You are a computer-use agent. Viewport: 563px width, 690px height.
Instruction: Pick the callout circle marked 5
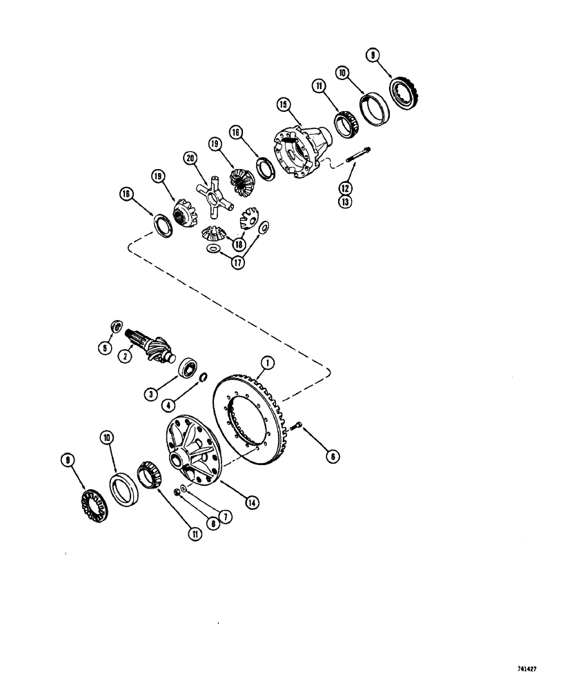click(106, 348)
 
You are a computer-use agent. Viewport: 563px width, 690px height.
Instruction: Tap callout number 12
click(346, 187)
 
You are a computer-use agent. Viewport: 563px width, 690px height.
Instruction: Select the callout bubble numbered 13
click(346, 201)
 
